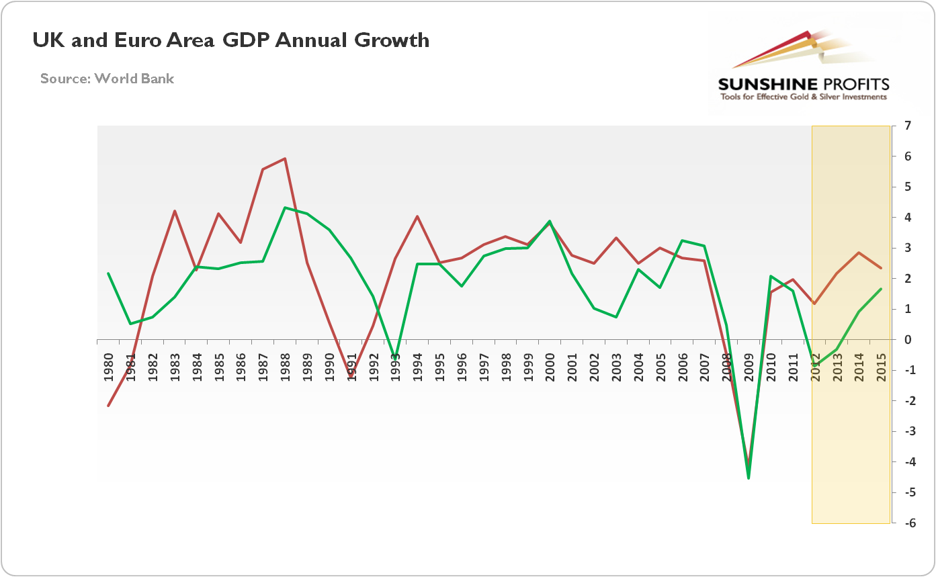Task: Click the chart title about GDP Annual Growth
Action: (231, 40)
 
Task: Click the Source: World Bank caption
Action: (107, 79)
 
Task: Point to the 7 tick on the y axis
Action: (908, 126)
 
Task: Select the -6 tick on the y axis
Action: (906, 523)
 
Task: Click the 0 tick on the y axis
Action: (908, 340)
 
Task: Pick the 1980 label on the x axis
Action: (109, 367)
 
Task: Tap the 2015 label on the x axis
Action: (881, 367)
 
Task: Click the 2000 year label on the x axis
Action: (550, 367)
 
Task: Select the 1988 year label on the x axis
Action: (285, 367)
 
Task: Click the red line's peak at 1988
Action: (285, 159)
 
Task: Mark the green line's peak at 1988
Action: (285, 208)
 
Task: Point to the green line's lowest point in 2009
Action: (749, 478)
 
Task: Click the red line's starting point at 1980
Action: (108, 406)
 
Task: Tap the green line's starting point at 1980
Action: (108, 273)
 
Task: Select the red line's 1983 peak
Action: (175, 211)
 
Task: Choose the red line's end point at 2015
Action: (881, 268)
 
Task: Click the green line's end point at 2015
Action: (881, 289)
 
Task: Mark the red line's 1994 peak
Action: (417, 216)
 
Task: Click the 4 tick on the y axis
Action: (908, 218)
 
